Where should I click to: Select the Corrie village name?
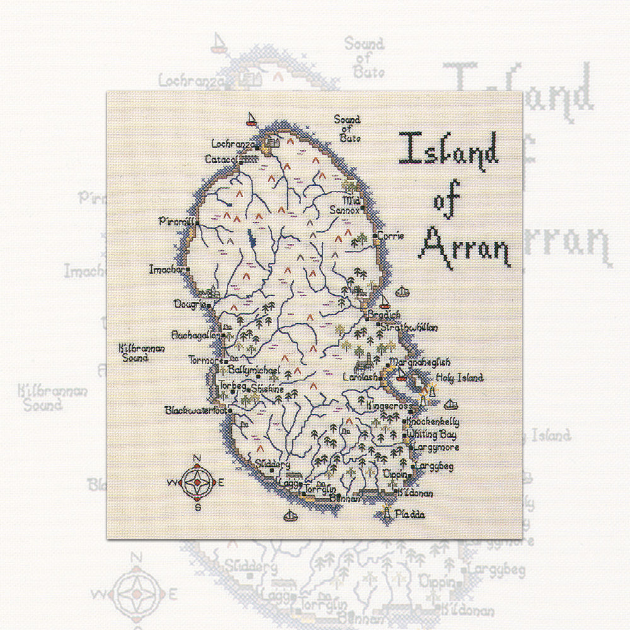pyautogui.click(x=391, y=236)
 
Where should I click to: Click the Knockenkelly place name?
pyautogui.click(x=433, y=421)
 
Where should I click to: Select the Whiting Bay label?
pyautogui.click(x=432, y=435)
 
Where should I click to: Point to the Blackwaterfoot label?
pyautogui.click(x=195, y=410)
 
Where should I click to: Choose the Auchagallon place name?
pyautogui.click(x=197, y=336)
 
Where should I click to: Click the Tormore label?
pyautogui.click(x=205, y=360)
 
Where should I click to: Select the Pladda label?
pyautogui.click(x=410, y=515)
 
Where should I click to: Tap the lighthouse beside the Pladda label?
pyautogui.click(x=387, y=514)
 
